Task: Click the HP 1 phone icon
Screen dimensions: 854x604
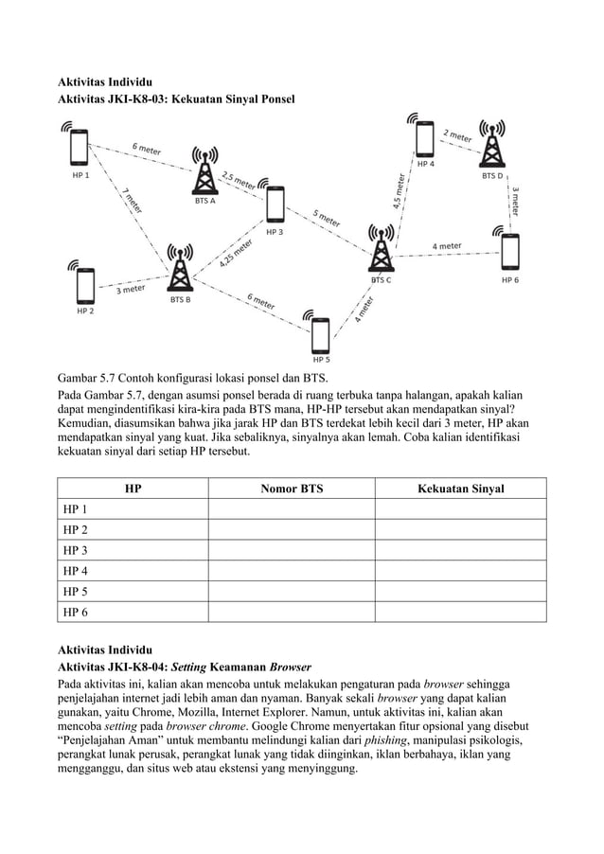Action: [78, 148]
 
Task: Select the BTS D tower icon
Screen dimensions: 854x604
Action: [491, 147]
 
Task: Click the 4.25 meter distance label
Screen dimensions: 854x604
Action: [236, 254]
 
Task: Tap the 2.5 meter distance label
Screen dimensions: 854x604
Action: [238, 180]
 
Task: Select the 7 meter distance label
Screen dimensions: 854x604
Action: [133, 201]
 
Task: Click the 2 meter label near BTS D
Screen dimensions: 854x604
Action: [458, 136]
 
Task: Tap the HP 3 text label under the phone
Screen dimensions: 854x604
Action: [274, 231]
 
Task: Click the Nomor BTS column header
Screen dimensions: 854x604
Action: [291, 489]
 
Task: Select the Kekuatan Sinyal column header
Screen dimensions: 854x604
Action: [460, 489]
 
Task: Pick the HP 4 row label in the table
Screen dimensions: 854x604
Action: [77, 571]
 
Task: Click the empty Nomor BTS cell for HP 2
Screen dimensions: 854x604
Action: [291, 529]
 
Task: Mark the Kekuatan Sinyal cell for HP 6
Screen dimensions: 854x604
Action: [460, 613]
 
